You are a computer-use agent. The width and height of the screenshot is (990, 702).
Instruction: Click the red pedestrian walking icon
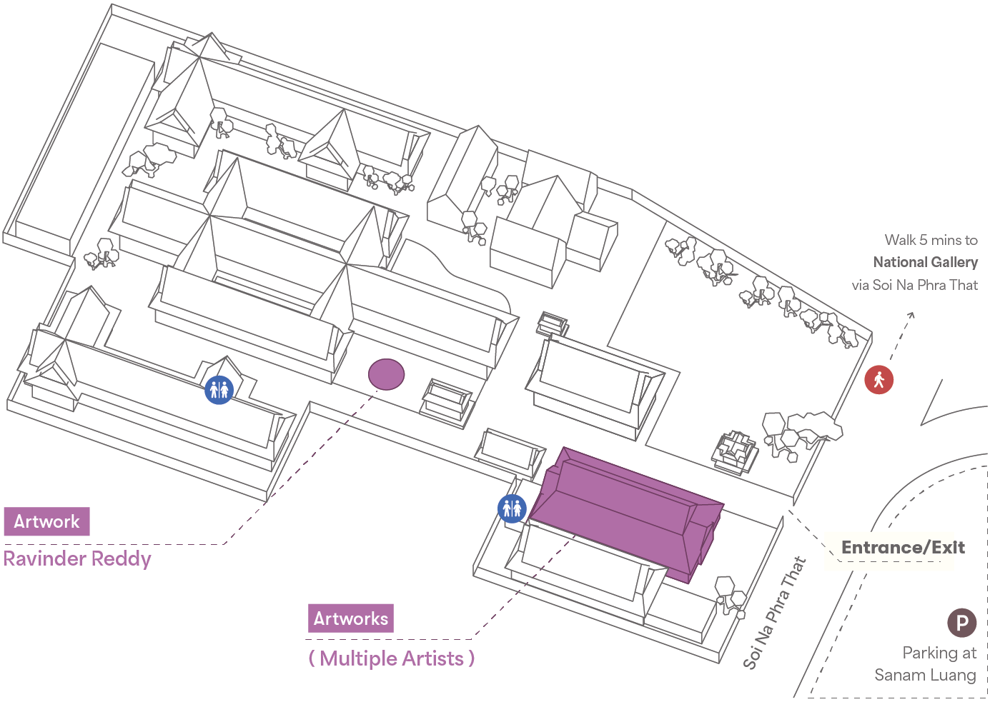pyautogui.click(x=878, y=379)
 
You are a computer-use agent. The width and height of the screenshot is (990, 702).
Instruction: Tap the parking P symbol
pyautogui.click(x=961, y=623)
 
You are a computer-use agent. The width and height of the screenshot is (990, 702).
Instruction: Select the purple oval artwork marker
pyautogui.click(x=386, y=374)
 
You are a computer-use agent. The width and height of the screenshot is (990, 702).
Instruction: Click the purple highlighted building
pyautogui.click(x=625, y=510)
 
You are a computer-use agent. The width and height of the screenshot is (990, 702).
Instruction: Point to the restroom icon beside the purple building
pyautogui.click(x=512, y=508)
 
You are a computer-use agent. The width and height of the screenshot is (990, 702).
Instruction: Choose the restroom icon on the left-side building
pyautogui.click(x=219, y=390)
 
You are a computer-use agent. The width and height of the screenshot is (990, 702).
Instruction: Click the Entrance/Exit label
pyautogui.click(x=903, y=548)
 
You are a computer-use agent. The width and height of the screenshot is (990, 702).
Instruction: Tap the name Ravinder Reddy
pyautogui.click(x=77, y=558)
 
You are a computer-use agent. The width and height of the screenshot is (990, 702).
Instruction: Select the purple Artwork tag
pyautogui.click(x=46, y=521)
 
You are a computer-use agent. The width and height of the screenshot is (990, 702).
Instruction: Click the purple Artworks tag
pyautogui.click(x=350, y=618)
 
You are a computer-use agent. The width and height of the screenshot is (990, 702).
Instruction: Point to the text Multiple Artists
pyautogui.click(x=392, y=658)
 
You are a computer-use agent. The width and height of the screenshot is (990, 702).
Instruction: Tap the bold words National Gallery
pyautogui.click(x=925, y=262)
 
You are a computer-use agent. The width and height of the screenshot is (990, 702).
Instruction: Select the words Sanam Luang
pyautogui.click(x=925, y=675)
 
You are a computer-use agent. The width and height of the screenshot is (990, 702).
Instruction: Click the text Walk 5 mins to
pyautogui.click(x=931, y=240)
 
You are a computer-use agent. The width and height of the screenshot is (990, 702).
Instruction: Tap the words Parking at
pyautogui.click(x=939, y=653)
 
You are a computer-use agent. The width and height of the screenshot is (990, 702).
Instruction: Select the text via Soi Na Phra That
pyautogui.click(x=914, y=285)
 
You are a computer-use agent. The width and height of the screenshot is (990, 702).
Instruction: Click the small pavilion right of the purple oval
pyautogui.click(x=447, y=401)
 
